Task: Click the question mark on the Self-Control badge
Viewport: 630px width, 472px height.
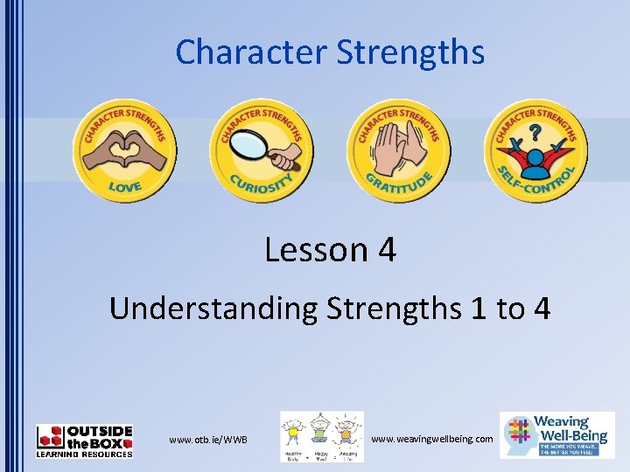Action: tap(535, 128)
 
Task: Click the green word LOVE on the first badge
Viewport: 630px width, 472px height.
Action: tap(124, 186)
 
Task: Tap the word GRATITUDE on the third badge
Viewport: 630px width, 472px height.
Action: tap(398, 184)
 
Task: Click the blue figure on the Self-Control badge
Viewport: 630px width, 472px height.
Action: tap(535, 157)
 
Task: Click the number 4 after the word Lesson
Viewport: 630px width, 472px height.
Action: tap(387, 251)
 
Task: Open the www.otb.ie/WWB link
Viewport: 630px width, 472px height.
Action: tap(208, 439)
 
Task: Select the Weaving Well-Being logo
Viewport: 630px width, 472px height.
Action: tap(556, 434)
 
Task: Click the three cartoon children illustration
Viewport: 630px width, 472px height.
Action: tap(321, 435)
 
